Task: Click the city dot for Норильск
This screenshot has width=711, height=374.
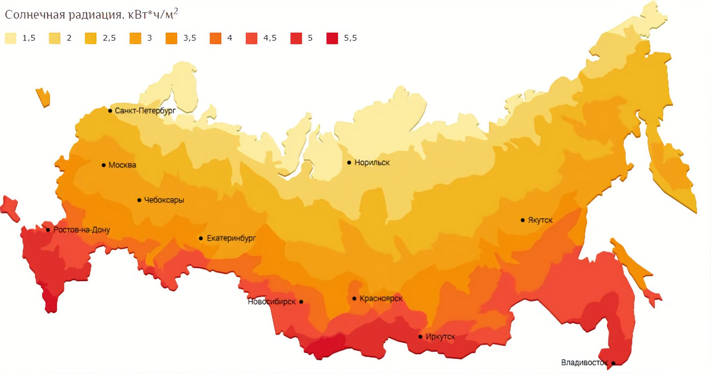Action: pos(350,162)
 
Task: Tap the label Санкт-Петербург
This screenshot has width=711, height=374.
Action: pos(145,111)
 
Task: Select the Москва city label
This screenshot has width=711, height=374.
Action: pos(122,165)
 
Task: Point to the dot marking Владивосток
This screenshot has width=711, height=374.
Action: pos(613,363)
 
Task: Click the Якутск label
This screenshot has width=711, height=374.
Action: pos(540,220)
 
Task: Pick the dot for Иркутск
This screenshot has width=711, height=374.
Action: pos(421,337)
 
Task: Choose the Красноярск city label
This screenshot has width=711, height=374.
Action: pos(381,299)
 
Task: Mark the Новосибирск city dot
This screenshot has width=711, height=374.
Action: pos(302,302)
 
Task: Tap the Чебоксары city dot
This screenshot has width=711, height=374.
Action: pos(139,200)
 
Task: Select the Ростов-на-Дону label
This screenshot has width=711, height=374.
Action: pos(81,230)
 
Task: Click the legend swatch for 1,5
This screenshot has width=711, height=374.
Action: pos(11,38)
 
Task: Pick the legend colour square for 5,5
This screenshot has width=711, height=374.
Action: pos(332,38)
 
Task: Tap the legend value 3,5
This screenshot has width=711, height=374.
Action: pos(190,38)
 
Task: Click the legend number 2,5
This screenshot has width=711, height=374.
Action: pos(109,38)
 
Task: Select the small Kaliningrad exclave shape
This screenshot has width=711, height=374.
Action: pos(43,97)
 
